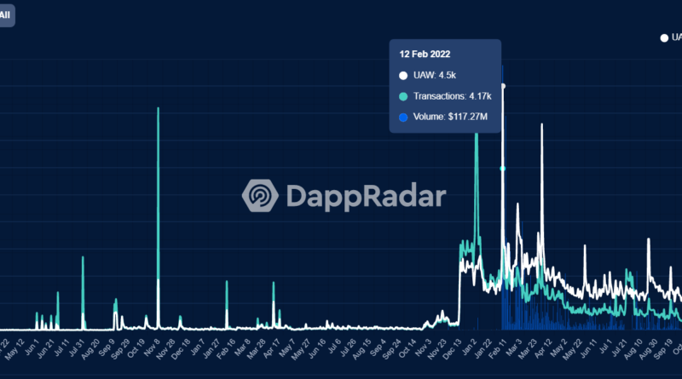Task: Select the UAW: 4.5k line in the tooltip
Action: pyautogui.click(x=431, y=75)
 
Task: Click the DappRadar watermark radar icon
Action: pyautogui.click(x=259, y=196)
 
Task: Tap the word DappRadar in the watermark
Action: pyautogui.click(x=365, y=197)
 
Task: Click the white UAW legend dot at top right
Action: pyautogui.click(x=664, y=37)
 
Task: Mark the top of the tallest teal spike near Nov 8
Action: pyautogui.click(x=159, y=108)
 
